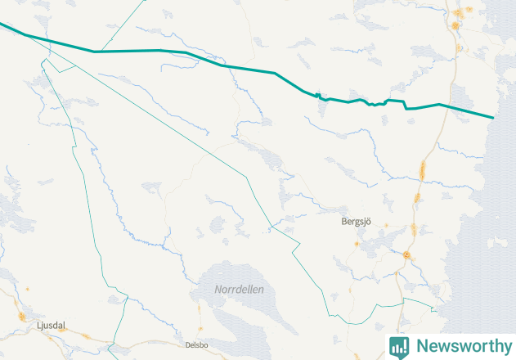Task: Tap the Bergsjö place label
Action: [357, 221]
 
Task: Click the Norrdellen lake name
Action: [239, 290]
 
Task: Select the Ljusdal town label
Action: [51, 326]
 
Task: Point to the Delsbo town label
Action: [197, 345]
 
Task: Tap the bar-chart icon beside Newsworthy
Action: [399, 346]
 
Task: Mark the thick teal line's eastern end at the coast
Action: [493, 118]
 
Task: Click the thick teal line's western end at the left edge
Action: [2, 25]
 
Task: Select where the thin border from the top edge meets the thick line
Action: [96, 52]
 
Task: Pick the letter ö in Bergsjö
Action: [370, 221]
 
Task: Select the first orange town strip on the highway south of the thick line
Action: [422, 171]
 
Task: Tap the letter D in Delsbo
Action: [188, 345]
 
